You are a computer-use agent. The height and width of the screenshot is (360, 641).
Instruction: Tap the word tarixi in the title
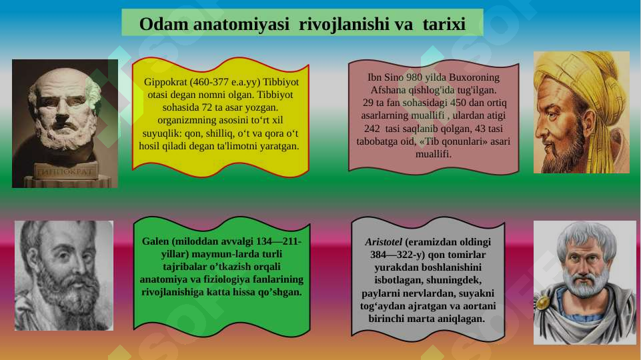pyautogui.click(x=444, y=24)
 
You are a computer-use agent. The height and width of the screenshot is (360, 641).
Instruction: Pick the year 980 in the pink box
pyautogui.click(x=407, y=77)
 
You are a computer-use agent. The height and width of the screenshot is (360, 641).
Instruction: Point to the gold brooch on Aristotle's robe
pyautogui.click(x=544, y=303)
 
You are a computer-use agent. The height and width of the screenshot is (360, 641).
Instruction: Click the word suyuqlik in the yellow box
pyautogui.click(x=159, y=133)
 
